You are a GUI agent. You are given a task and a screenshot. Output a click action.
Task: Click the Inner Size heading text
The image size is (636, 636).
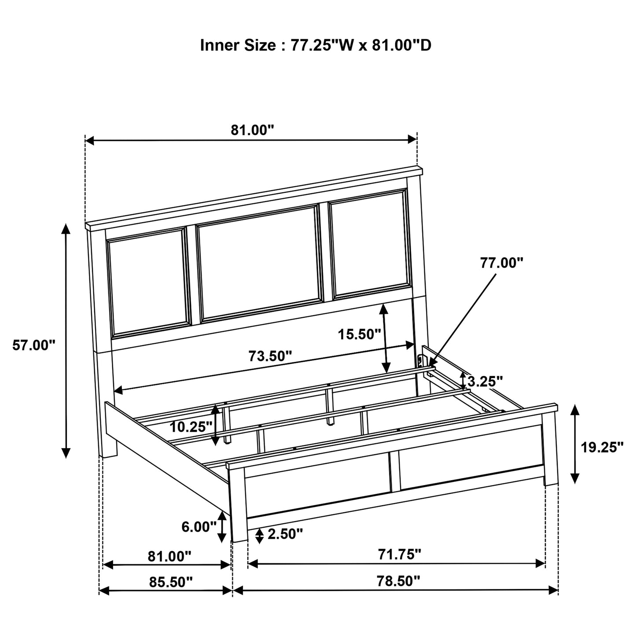(x=316, y=45)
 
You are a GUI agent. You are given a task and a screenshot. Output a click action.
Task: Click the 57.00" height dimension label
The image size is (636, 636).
(x=33, y=345)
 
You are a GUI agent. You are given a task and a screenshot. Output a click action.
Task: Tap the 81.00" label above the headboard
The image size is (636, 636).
(x=253, y=130)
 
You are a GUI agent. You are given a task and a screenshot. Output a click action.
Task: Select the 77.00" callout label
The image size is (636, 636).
(x=502, y=263)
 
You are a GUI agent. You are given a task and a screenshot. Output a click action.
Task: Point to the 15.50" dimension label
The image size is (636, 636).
(x=360, y=335)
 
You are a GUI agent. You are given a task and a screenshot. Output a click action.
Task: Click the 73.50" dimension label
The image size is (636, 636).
(x=270, y=356)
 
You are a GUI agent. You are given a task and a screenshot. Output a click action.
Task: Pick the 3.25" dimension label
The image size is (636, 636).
(x=485, y=381)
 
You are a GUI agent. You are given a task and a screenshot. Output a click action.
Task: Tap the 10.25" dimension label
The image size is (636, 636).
(x=191, y=427)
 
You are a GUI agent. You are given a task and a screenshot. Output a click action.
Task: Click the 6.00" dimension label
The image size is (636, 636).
(x=199, y=527)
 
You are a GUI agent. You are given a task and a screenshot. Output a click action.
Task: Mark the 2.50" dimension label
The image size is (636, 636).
(x=285, y=534)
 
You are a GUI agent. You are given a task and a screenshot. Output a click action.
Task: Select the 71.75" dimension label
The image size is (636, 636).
(x=400, y=554)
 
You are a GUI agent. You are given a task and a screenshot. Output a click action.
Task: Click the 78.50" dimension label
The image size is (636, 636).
(x=398, y=581)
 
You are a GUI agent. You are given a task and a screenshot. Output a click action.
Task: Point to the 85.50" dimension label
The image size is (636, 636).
(x=171, y=582)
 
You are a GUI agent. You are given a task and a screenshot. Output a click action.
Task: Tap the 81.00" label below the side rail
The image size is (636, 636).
(x=169, y=556)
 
